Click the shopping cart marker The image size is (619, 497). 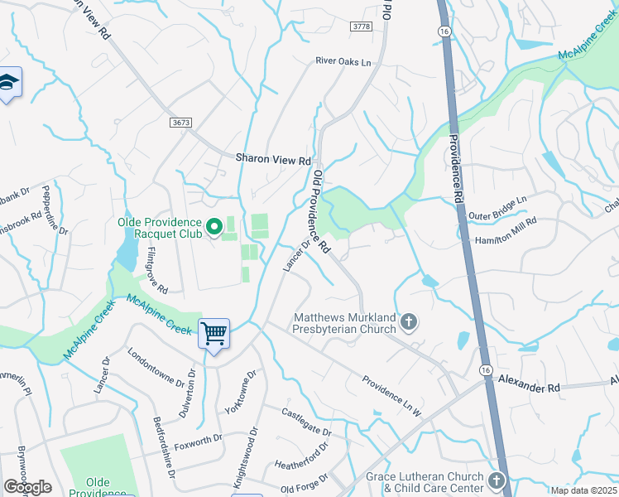pyautogui.click(x=214, y=335)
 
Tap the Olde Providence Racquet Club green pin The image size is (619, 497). pyautogui.click(x=214, y=226)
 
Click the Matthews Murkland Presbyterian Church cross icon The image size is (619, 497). pyautogui.click(x=408, y=321)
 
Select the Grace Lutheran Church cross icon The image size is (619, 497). pyautogui.click(x=496, y=480)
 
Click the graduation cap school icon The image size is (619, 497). pyautogui.click(x=8, y=83)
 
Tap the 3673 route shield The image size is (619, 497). pyautogui.click(x=181, y=122)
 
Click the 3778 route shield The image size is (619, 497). pyautogui.click(x=362, y=27)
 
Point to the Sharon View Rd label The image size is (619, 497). pyautogui.click(x=273, y=158)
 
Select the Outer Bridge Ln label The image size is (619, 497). pyautogui.click(x=497, y=209)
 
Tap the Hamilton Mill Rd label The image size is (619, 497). pyautogui.click(x=506, y=232)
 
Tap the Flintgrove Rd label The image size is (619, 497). pyautogui.click(x=157, y=270)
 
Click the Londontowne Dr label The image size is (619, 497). pyautogui.click(x=156, y=367)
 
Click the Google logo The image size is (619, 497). pyautogui.click(x=27, y=487)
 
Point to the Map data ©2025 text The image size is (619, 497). pyautogui.click(x=583, y=490)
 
